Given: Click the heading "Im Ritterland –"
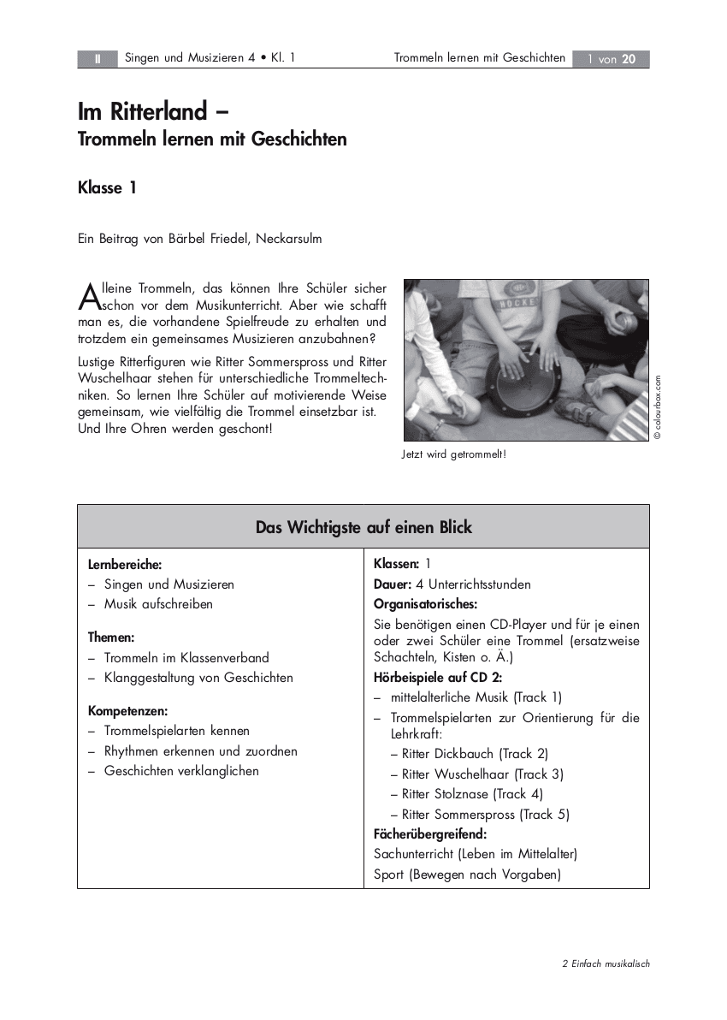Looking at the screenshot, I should click(154, 112).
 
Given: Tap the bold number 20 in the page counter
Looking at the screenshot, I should click(629, 59).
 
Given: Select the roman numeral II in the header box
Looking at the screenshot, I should click(98, 59).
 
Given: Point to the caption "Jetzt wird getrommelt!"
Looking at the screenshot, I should click(453, 454).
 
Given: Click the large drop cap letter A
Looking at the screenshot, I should click(89, 296).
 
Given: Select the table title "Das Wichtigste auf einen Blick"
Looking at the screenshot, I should click(363, 527).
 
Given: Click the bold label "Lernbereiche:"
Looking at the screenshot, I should click(125, 565).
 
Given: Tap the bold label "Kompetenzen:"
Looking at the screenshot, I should click(127, 711).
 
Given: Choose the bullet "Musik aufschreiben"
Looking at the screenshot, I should click(158, 604).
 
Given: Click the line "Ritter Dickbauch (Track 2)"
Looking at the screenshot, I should click(475, 754).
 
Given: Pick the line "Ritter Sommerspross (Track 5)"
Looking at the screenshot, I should click(485, 815).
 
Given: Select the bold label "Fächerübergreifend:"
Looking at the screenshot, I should click(430, 833).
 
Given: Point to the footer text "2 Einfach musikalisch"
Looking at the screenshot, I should click(606, 964).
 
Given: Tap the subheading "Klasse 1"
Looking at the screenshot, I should click(107, 188).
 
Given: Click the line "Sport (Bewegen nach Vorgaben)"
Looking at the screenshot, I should click(467, 875).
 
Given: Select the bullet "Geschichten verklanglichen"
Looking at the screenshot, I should click(181, 771).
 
